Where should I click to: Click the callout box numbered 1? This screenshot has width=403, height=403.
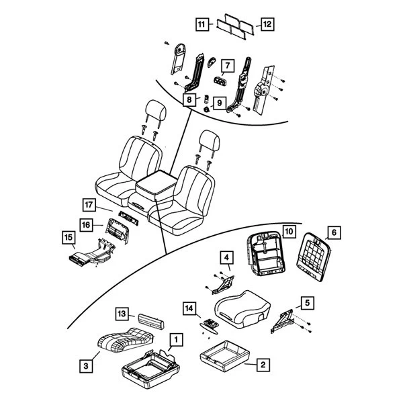175,341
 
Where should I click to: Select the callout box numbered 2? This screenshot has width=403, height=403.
263,365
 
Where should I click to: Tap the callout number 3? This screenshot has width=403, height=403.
85,366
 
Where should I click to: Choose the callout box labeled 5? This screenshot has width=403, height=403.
306,303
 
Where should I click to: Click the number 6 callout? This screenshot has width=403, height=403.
334,233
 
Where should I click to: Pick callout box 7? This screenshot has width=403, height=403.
226,66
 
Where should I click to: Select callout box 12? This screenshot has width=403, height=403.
267,24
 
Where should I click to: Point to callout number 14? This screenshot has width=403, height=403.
190,308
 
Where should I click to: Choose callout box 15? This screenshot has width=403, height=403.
68,237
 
